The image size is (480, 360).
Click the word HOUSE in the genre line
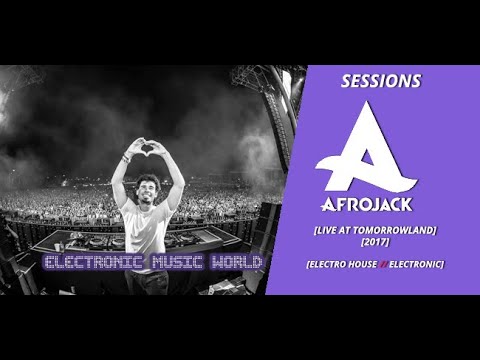[x=366, y=262]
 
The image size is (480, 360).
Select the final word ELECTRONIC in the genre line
[x=420, y=262]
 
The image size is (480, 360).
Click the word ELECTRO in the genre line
[x=336, y=262]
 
